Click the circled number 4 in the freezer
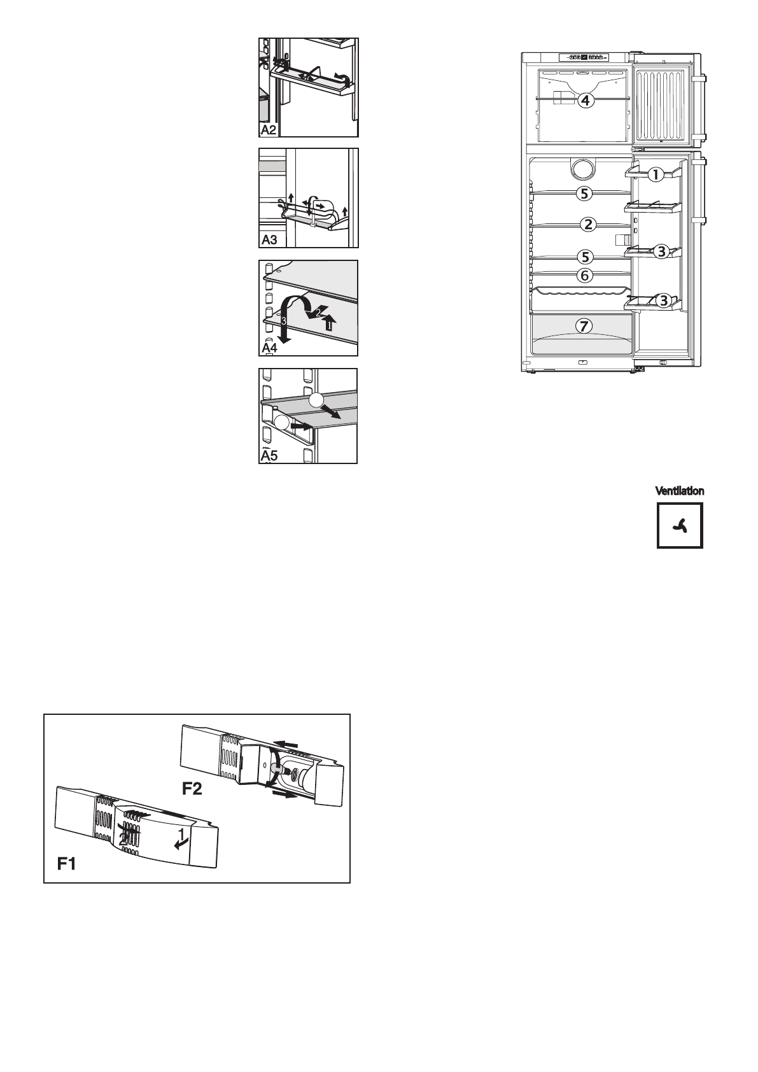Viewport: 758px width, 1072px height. [586, 101]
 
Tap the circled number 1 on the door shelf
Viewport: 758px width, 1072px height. [656, 174]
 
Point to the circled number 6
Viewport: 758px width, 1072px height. [585, 276]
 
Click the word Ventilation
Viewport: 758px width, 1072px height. [680, 491]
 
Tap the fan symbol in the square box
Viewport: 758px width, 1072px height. [680, 525]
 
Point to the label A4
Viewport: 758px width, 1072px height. [270, 348]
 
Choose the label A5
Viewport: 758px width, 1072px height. [270, 456]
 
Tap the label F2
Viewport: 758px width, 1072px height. [192, 789]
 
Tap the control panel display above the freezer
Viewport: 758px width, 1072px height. [583, 57]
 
